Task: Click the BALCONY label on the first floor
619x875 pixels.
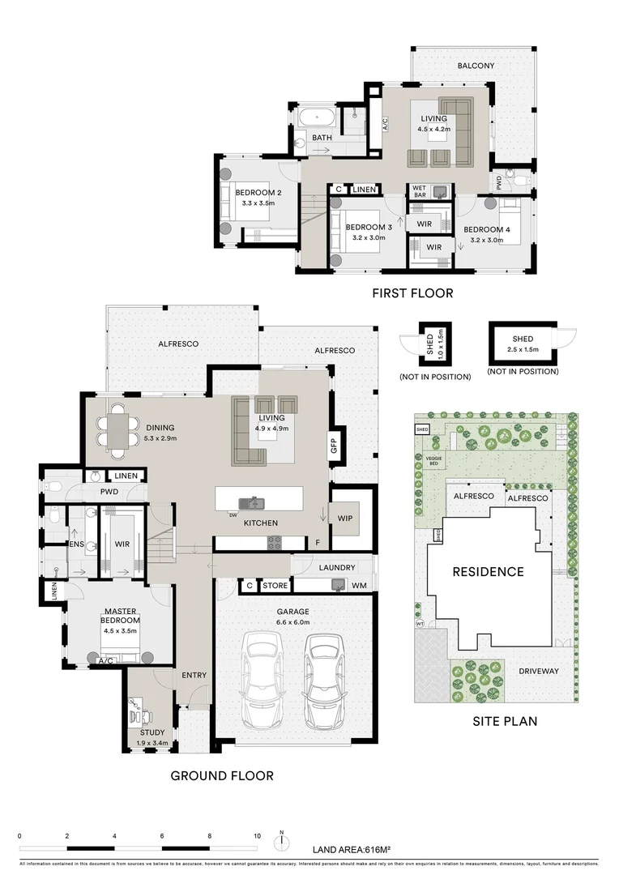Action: coord(476,66)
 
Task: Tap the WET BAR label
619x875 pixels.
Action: coord(420,192)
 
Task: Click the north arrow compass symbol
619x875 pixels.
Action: coord(281,841)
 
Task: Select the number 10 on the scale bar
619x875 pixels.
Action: coord(257,835)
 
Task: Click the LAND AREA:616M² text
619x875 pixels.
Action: coord(352,850)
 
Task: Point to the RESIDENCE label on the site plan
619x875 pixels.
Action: coord(488,571)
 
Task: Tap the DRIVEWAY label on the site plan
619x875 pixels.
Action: coord(538,671)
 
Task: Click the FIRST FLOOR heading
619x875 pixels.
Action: coord(412,293)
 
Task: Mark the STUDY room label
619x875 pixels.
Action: coord(152,733)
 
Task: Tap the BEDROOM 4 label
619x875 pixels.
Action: coord(487,230)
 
